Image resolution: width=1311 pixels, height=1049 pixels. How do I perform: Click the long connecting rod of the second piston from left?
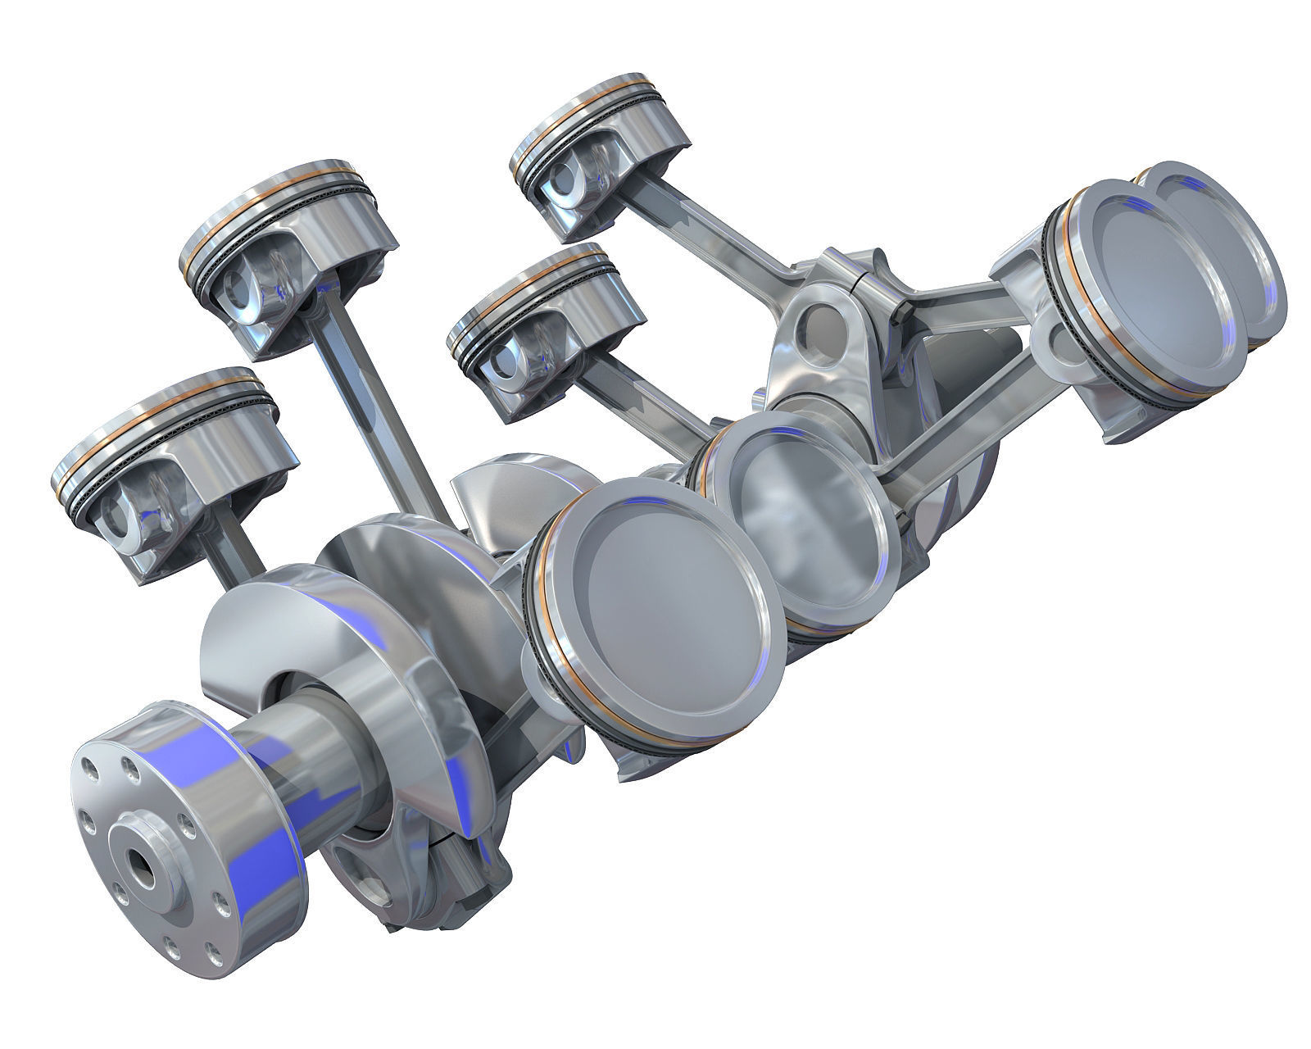click(x=377, y=410)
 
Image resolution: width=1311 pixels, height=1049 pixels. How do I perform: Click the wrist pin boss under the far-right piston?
click(x=1057, y=328)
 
